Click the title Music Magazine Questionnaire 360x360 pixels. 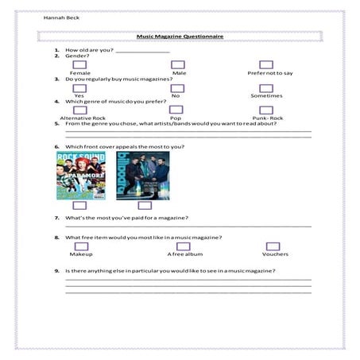pyautogui.click(x=179, y=37)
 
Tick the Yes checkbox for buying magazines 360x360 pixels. pyautogui.click(x=79, y=87)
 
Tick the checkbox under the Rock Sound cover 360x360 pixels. pyautogui.click(x=79, y=206)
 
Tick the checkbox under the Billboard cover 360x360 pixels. pyautogui.click(x=145, y=206)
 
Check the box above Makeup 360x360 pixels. pyautogui.click(x=81, y=246)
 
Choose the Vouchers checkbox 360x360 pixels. pyautogui.click(x=274, y=246)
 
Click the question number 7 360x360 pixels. pyautogui.click(x=56, y=218)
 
